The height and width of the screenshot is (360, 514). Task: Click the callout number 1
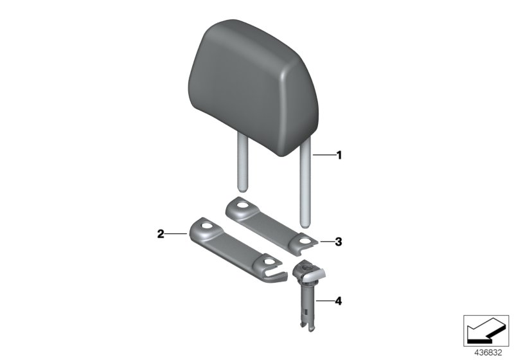tap(339, 155)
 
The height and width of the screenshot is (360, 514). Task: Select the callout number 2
tap(161, 235)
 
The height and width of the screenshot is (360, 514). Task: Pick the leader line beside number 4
tap(323, 300)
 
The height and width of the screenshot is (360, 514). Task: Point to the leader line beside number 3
tap(325, 242)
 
